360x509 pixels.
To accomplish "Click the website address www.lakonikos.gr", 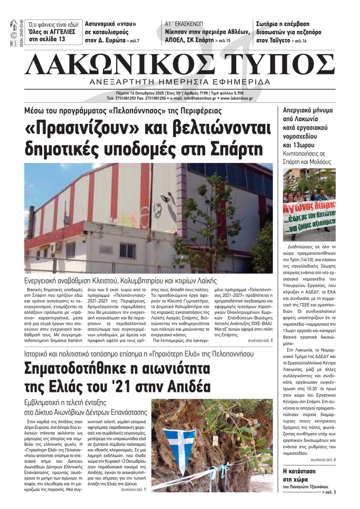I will point(237,98).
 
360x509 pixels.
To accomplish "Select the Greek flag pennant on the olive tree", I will point(180,448).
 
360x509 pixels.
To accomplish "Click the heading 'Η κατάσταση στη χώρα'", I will point(299,475).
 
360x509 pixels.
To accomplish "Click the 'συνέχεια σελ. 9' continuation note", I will point(134,490).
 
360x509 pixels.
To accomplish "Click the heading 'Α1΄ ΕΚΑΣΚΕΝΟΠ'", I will point(184,24).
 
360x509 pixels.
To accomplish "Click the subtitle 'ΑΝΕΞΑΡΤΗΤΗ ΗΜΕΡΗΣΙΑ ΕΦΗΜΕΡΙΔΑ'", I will point(180,82).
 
